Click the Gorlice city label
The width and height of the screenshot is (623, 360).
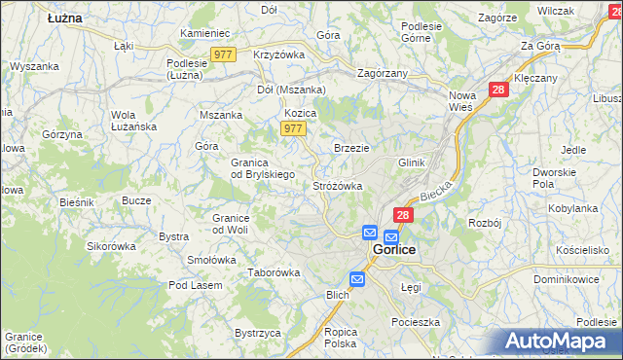pos(394,250)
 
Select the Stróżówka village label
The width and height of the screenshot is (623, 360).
pos(338,185)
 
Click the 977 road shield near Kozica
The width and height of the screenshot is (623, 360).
pos(293,128)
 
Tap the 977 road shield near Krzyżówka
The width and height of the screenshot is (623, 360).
pos(222,55)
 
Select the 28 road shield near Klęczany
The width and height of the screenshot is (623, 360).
pos(498,90)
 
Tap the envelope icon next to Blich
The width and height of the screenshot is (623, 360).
pos(357,279)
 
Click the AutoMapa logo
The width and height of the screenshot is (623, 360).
pos(561,342)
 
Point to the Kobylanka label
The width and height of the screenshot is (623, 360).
pos(572,208)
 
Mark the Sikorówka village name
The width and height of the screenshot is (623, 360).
pos(111,246)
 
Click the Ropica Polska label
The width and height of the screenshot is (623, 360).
pos(341,338)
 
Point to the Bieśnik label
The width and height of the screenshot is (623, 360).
pos(75,201)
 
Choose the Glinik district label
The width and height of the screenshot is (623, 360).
pos(412,162)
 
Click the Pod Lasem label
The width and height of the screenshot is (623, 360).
pos(195,285)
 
